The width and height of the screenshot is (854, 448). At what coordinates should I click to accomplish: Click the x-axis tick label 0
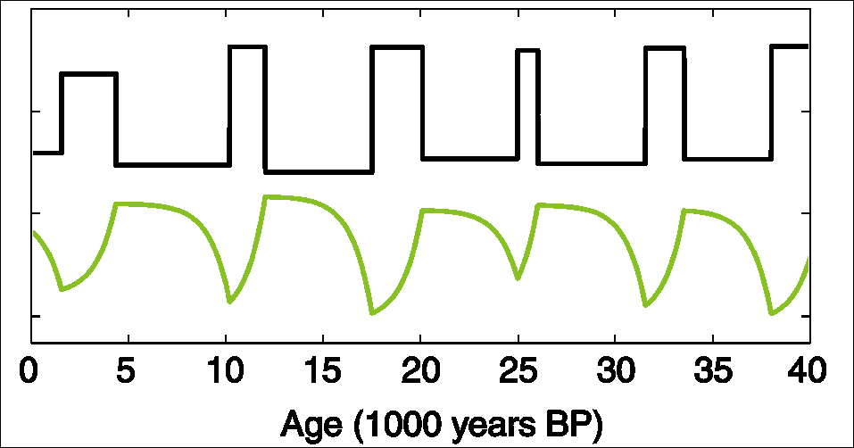(x=31, y=369)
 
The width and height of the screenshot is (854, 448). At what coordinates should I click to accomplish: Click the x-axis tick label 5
(x=129, y=369)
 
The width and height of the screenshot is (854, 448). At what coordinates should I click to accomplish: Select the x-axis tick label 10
(x=226, y=369)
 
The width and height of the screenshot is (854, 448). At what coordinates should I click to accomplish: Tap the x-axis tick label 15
(x=323, y=369)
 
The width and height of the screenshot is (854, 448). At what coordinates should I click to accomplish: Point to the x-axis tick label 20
(x=420, y=369)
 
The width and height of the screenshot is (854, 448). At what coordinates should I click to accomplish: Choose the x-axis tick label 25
(x=518, y=369)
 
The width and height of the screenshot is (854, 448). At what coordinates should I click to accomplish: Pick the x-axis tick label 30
(x=615, y=369)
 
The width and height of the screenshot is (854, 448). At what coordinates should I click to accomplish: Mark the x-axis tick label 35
(x=712, y=369)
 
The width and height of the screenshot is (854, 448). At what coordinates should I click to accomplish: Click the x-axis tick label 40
(x=808, y=369)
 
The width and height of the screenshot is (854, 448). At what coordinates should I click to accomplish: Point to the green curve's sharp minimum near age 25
(x=518, y=279)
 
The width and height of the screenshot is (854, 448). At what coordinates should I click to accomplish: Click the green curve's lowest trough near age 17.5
(x=372, y=313)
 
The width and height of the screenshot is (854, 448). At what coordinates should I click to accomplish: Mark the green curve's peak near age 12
(x=266, y=196)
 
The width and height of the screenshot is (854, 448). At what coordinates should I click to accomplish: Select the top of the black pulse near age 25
(x=527, y=51)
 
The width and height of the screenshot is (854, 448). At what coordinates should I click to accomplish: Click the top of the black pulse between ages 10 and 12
(x=247, y=47)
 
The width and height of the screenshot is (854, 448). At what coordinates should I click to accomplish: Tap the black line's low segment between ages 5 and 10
(x=172, y=164)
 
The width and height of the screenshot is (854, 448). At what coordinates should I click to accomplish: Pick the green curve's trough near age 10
(x=229, y=302)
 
